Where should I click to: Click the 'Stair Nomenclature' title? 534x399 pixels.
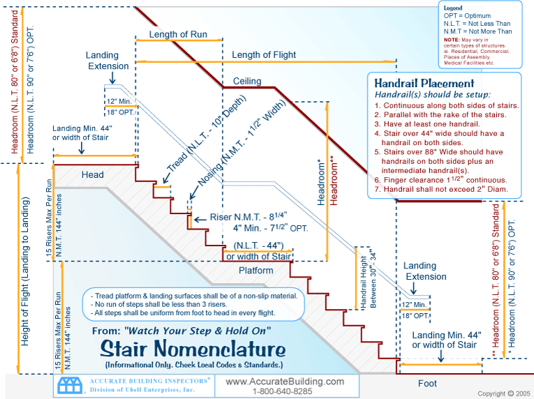(x=193, y=348)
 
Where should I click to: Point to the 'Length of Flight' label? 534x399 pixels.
(x=264, y=55)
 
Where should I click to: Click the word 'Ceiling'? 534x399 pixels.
(x=247, y=80)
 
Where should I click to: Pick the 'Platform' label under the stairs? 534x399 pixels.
(x=255, y=270)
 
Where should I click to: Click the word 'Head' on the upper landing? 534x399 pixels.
(x=92, y=174)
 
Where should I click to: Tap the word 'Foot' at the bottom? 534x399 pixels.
(x=427, y=383)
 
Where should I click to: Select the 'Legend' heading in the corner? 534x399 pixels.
(x=453, y=7)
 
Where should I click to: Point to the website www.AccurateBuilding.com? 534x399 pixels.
(x=285, y=382)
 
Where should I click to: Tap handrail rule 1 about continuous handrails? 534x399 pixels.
(x=447, y=105)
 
